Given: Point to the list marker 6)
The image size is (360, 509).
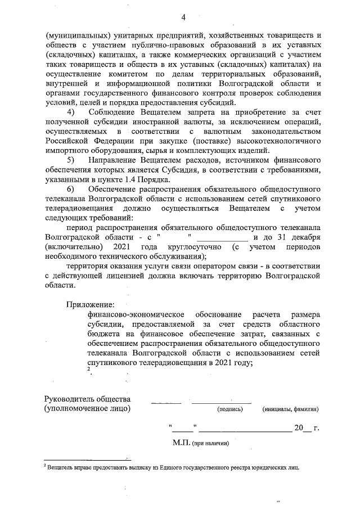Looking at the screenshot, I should click(x=73, y=187).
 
